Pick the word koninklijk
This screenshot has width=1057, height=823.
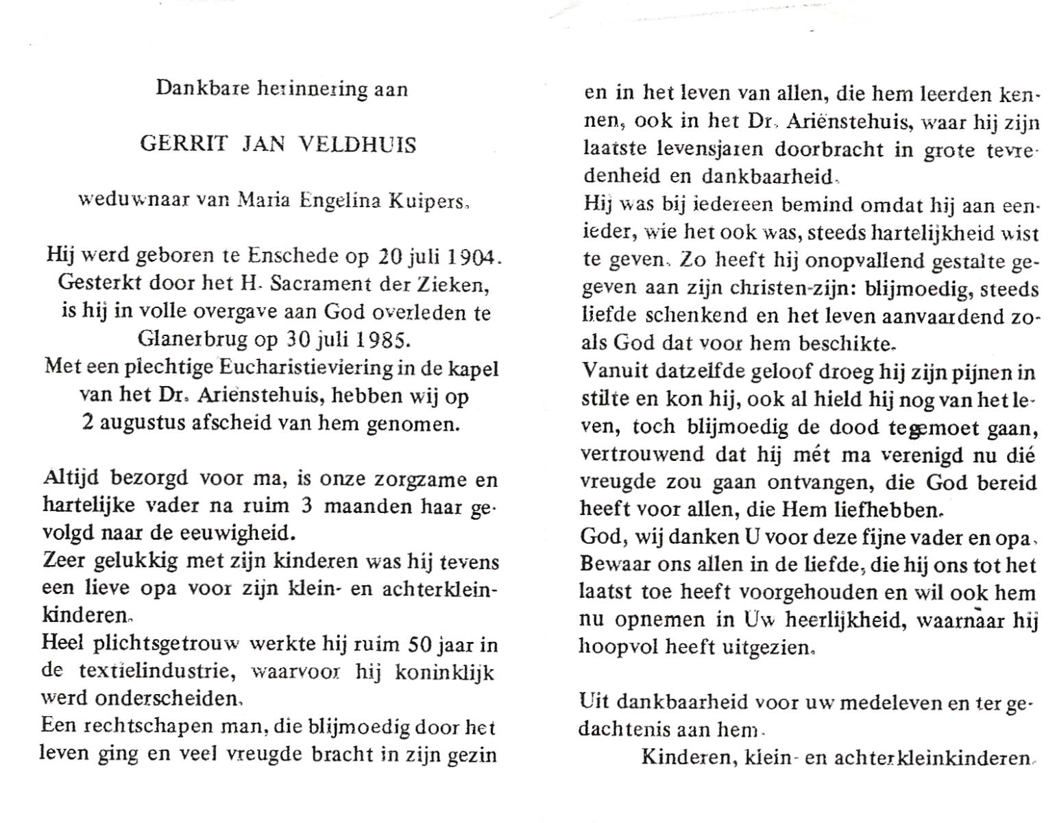coord(445,672)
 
